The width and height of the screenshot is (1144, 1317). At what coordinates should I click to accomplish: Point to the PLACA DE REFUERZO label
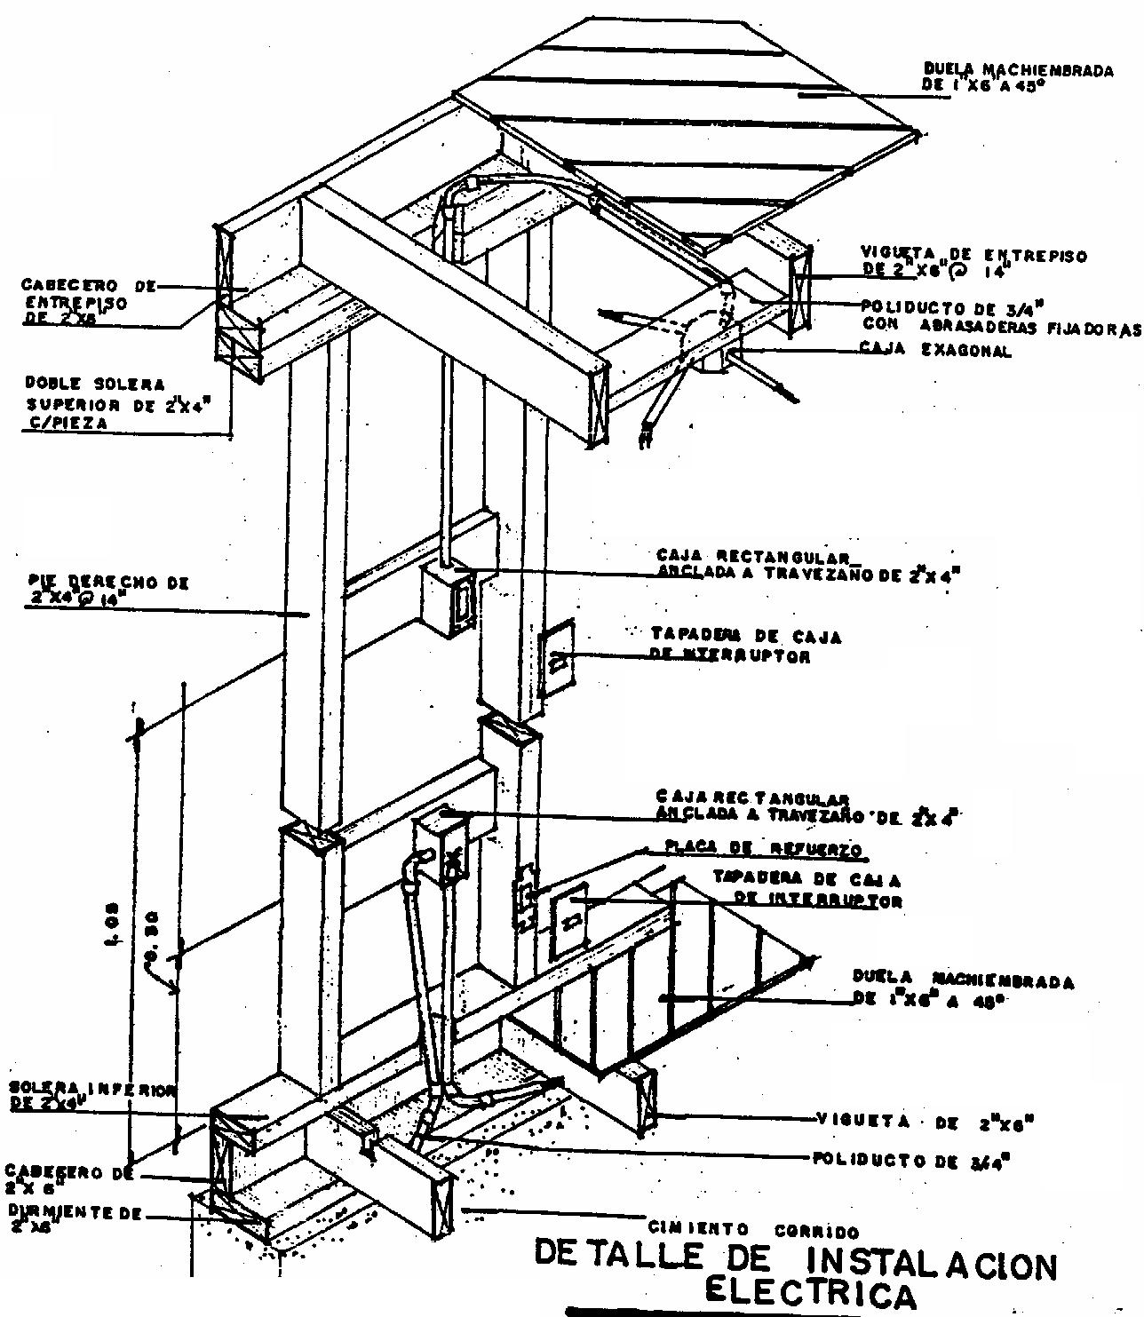[764, 849]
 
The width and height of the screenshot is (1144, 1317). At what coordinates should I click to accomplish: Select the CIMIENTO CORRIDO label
[753, 1231]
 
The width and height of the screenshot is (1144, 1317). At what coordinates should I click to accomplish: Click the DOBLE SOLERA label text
[94, 384]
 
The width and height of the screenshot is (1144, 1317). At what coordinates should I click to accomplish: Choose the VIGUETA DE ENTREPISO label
[973, 255]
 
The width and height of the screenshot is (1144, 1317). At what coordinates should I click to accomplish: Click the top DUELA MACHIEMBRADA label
[1018, 70]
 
